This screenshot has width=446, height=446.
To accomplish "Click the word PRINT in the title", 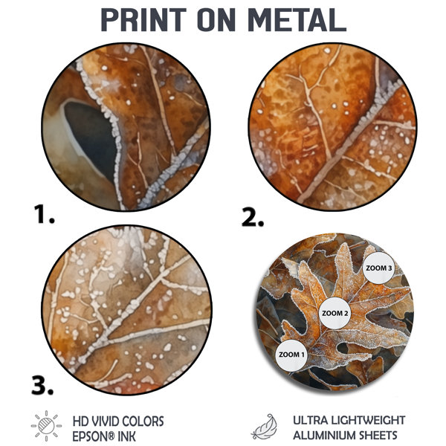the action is tap(143, 19).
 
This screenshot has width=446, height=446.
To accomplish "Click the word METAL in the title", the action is tap(297, 19).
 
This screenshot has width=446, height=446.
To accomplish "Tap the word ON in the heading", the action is tap(216, 19).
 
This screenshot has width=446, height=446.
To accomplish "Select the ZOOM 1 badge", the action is tap(291, 355).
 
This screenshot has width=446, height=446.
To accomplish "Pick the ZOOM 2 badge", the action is tap(334, 313).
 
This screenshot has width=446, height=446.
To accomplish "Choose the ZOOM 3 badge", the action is tap(378, 268).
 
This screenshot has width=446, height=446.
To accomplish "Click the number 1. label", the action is tap(44, 214).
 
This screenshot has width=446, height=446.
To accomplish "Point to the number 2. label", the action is tap(253, 217).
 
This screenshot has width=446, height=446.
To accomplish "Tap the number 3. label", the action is tap(42, 385).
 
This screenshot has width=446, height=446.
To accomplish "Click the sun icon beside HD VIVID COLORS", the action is tap(46, 426).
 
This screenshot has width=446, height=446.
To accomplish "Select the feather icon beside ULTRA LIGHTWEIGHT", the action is tap(264, 427).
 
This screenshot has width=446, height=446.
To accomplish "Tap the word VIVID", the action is tap(101, 421).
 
